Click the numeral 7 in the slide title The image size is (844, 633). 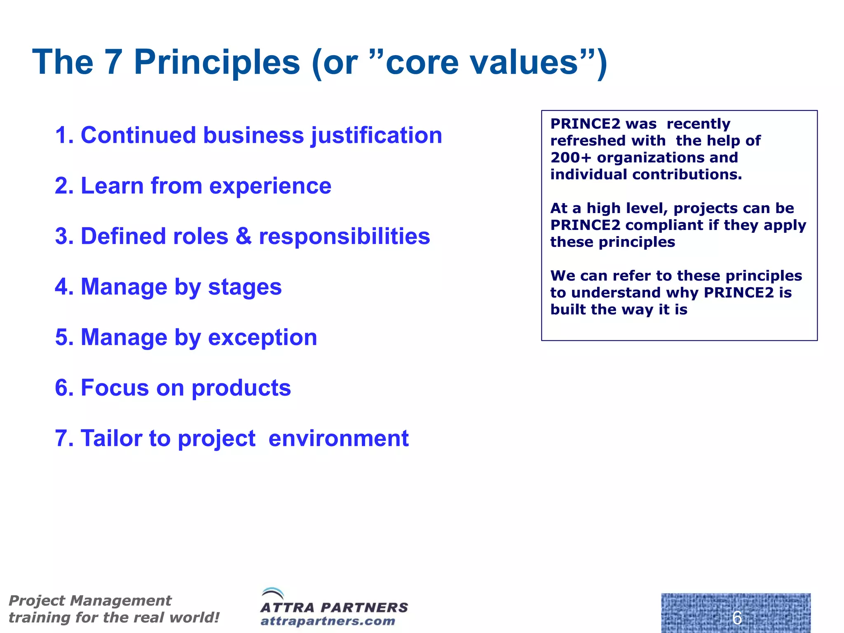[112, 63]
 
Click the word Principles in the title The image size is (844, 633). [217, 63]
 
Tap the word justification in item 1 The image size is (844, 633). [376, 136]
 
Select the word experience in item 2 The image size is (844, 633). [270, 186]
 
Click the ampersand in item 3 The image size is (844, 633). [243, 237]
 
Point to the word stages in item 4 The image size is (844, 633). [245, 287]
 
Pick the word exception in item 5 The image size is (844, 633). [263, 338]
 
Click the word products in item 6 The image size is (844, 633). [241, 388]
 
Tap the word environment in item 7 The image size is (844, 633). [338, 438]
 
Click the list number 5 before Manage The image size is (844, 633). [62, 338]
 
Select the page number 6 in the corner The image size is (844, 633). [737, 618]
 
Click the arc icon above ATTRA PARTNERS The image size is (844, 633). [272, 594]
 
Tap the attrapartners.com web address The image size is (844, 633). [328, 621]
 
